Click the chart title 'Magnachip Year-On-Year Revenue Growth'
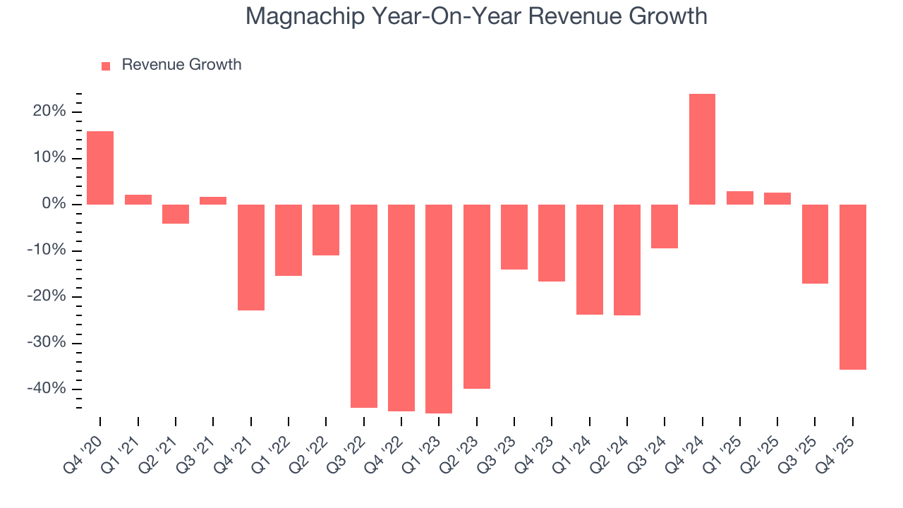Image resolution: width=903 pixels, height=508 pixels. click(x=476, y=16)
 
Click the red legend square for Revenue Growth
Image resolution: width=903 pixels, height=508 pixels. click(x=106, y=66)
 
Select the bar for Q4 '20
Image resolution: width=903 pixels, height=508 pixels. click(x=100, y=168)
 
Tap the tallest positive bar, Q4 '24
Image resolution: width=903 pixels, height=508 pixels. click(x=702, y=149)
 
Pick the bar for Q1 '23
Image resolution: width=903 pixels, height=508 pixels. click(x=439, y=308)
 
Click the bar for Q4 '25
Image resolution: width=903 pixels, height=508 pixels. click(x=852, y=286)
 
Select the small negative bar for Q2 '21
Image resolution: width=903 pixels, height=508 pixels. click(x=176, y=214)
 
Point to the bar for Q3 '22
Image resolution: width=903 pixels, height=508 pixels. click(x=363, y=306)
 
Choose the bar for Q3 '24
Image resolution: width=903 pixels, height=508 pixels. click(x=665, y=226)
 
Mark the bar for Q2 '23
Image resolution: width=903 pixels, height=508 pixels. click(x=476, y=296)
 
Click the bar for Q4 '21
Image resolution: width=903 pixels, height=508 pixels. click(x=250, y=257)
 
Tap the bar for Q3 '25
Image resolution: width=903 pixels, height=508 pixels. click(x=815, y=244)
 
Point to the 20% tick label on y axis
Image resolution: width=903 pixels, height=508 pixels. click(x=49, y=111)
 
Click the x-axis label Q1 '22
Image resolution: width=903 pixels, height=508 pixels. click(x=275, y=452)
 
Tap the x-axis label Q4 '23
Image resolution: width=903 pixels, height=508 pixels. click(x=538, y=452)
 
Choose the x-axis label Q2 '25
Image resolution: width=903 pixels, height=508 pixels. click(x=764, y=452)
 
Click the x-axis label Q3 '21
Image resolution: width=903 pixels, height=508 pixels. click(x=200, y=452)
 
